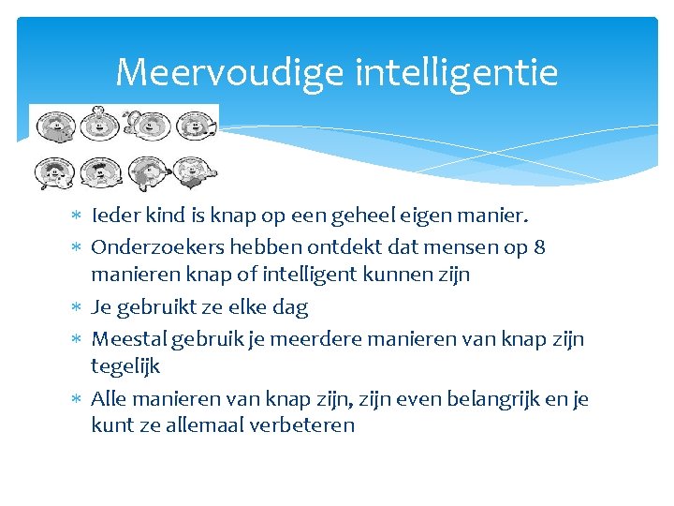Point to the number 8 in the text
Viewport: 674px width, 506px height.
pyautogui.click(x=539, y=247)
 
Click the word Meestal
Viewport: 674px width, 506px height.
pyautogui.click(x=126, y=338)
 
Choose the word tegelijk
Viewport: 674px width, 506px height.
pyautogui.click(x=125, y=366)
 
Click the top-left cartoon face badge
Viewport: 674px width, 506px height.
pyautogui.click(x=54, y=125)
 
